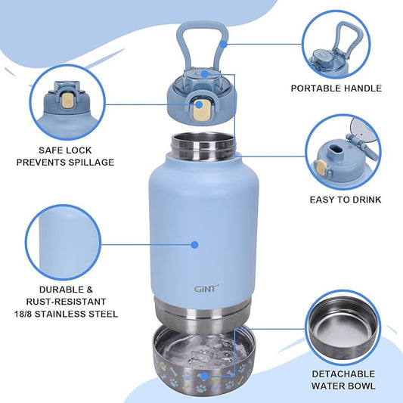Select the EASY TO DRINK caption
pyautogui.click(x=346, y=200)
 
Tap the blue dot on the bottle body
pyautogui.click(x=194, y=244)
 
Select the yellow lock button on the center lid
pyautogui.click(x=203, y=110)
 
